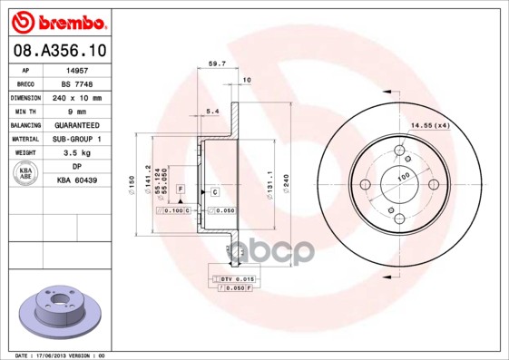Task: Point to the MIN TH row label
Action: pos(26,110)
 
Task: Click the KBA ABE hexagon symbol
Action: pos(26,174)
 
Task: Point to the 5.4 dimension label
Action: pos(213,112)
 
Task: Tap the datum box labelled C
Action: pos(215,192)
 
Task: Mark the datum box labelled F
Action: pos(181,188)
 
